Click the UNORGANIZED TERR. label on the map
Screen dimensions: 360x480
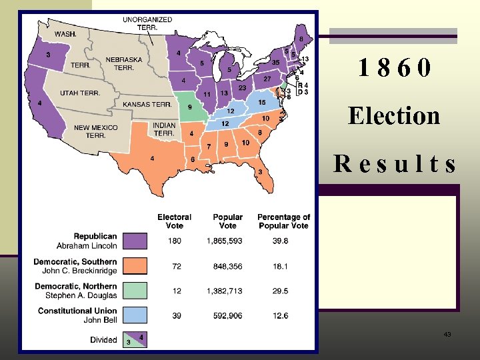tap(147, 23)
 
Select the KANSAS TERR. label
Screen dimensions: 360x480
tap(147, 105)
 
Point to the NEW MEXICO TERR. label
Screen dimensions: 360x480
tap(95, 131)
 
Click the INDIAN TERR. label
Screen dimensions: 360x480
tap(164, 129)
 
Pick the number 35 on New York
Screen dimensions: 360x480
tap(275, 63)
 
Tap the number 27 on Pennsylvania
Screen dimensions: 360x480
tap(266, 79)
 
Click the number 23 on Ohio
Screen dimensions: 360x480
tap(242, 88)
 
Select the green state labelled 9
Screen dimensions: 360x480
tap(191, 107)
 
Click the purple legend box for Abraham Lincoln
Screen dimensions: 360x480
tap(137, 241)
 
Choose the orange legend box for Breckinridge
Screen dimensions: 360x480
tap(137, 266)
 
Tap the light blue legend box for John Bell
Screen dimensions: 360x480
tap(137, 315)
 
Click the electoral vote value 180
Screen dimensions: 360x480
tap(174, 241)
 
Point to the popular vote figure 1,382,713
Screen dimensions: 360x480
tap(227, 291)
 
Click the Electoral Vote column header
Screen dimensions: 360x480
tap(174, 221)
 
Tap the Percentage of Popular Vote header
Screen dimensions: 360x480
tap(283, 221)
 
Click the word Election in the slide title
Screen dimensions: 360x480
tap(394, 116)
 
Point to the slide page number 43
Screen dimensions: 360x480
tap(447, 334)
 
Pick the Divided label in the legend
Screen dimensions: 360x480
tap(103, 340)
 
